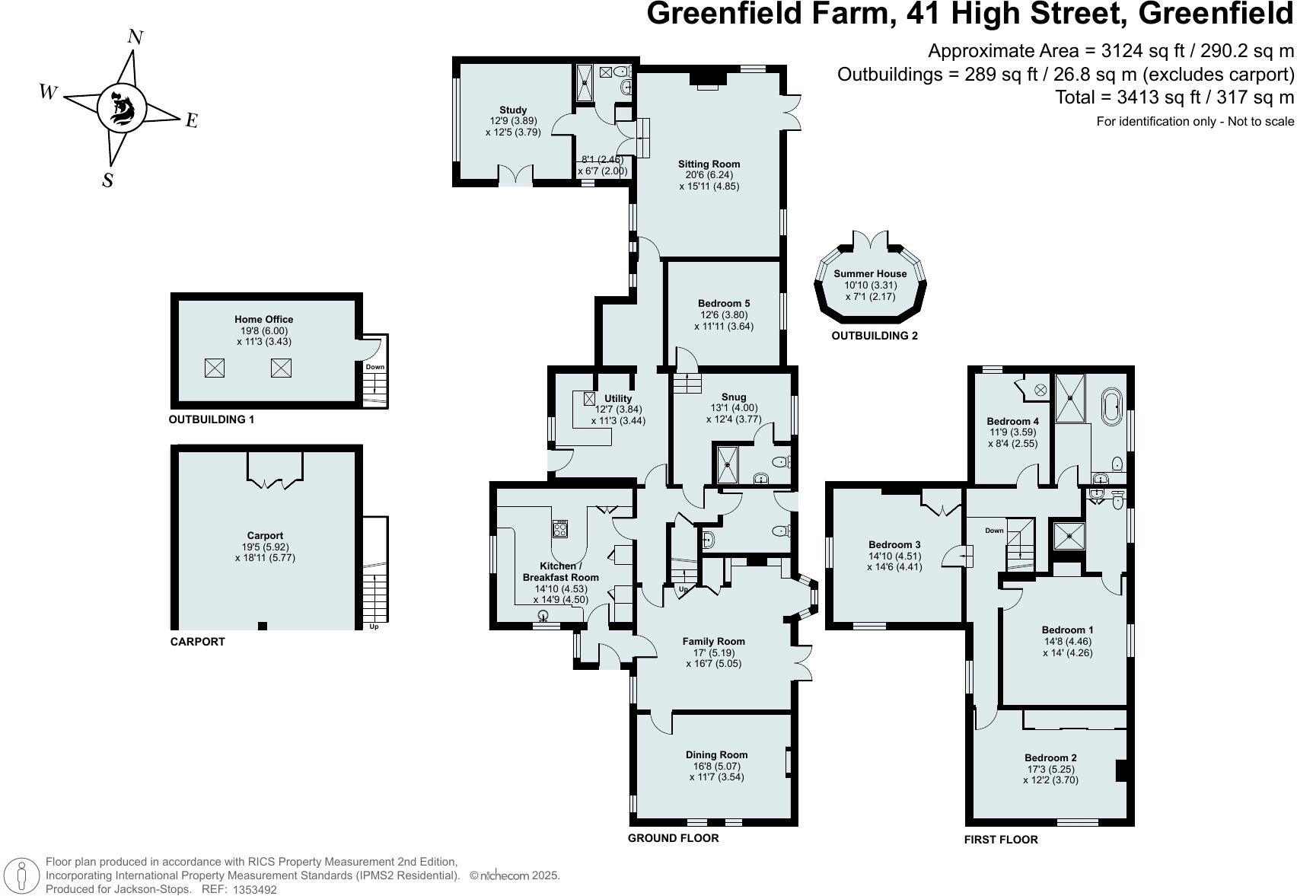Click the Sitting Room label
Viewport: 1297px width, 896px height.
coord(709,164)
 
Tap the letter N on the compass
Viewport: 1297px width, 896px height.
coord(135,37)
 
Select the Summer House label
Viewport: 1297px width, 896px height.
coord(870,273)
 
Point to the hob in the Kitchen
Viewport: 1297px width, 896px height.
coord(560,528)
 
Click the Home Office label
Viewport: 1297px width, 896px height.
coord(263,319)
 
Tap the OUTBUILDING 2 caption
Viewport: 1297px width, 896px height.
coord(874,336)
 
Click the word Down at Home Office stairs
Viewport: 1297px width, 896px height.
coord(374,367)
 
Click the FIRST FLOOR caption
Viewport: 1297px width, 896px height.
coord(1000,840)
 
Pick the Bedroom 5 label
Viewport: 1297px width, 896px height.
coord(724,304)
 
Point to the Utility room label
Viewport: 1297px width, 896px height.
coord(617,398)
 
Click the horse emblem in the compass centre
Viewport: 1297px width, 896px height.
coord(122,108)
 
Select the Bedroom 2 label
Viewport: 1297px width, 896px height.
coord(1050,757)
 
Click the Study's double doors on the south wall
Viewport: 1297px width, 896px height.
coord(515,175)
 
